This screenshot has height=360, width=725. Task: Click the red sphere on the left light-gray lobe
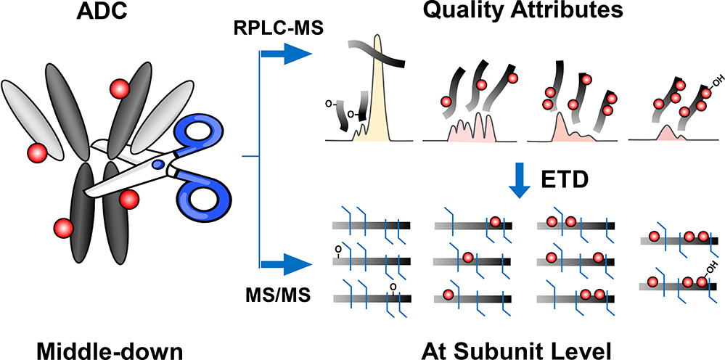click(x=36, y=153)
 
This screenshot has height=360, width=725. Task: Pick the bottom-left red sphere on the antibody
click(x=62, y=229)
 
